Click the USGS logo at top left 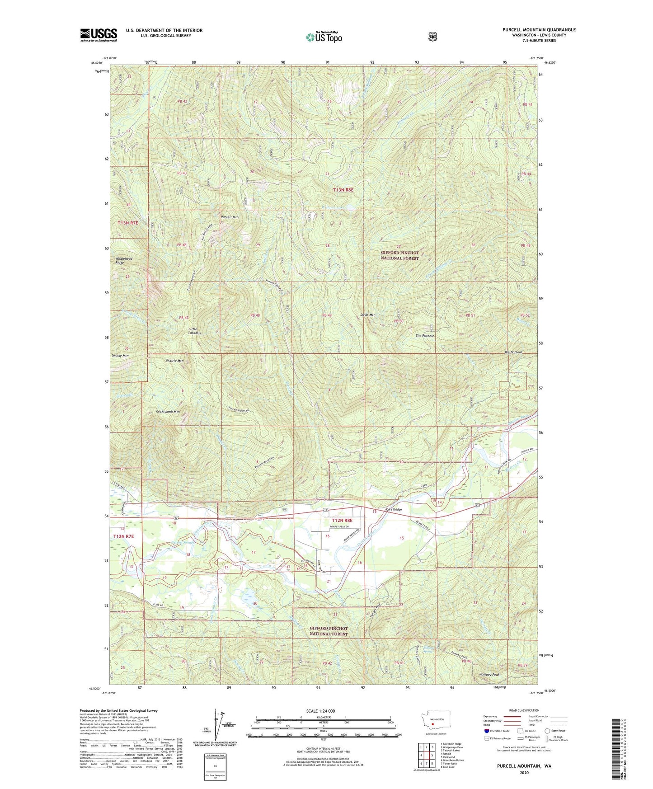click(99, 35)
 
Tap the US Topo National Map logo click(324, 37)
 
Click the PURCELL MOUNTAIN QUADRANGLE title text click(539, 30)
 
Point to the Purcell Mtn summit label click(230, 217)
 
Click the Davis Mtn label click(368, 315)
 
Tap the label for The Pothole click(425, 336)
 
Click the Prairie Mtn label click(175, 361)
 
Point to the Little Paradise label click(195, 331)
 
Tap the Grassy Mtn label click(120, 356)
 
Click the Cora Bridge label click(394, 509)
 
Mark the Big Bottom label click(513, 352)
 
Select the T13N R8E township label click(343, 190)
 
